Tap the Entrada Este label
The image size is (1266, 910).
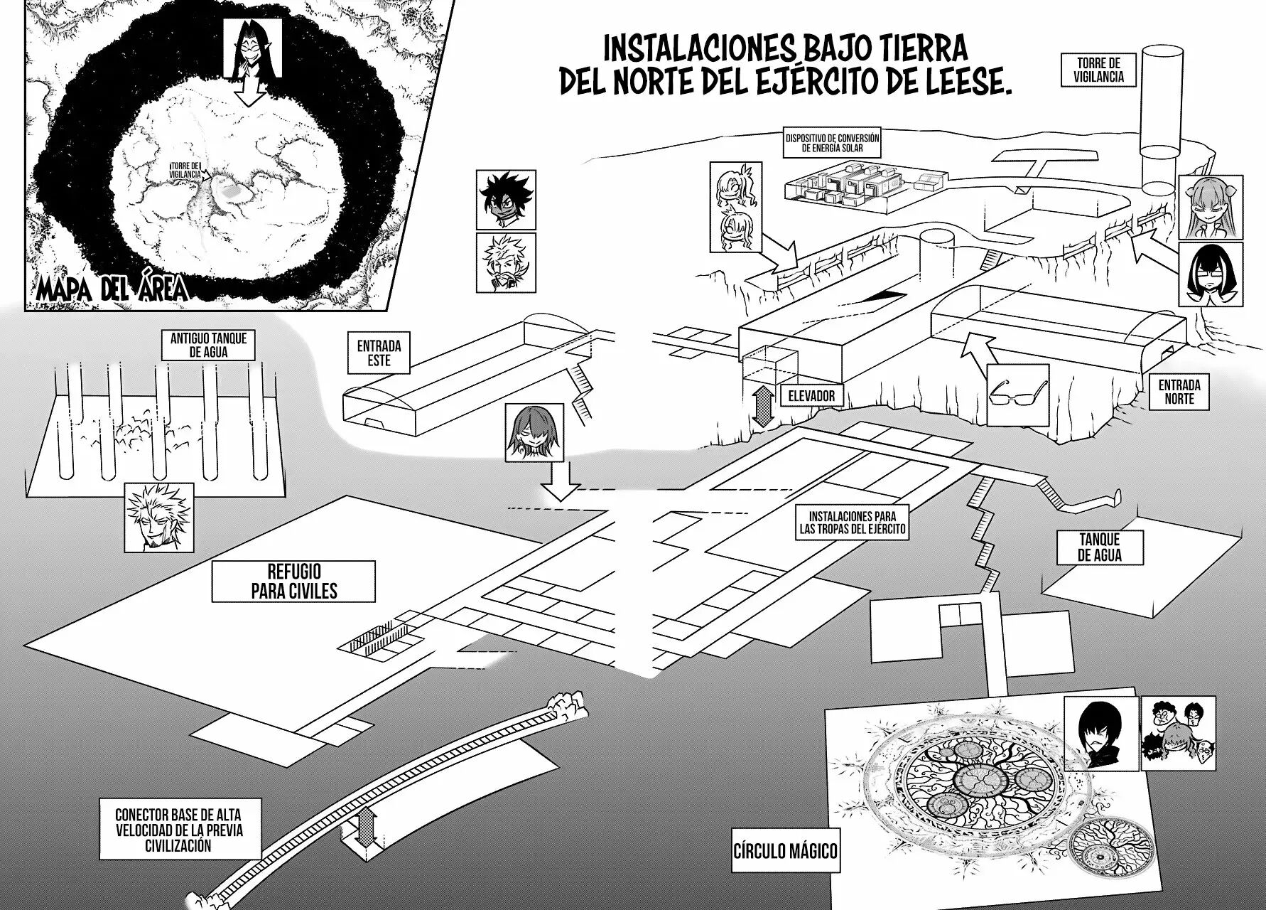(379, 353)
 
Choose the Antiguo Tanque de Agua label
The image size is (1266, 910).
(209, 344)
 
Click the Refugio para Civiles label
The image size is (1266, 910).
(293, 581)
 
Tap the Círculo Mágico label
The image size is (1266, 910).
(786, 850)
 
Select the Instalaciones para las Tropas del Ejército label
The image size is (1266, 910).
(852, 522)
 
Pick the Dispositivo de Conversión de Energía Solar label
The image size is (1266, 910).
(832, 143)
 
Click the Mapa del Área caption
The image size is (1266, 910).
(113, 290)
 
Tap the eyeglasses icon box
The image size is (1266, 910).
(1019, 395)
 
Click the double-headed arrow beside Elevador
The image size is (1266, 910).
(762, 402)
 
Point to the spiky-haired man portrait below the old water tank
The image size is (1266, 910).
(151, 516)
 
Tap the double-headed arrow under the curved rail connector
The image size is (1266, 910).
(367, 830)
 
